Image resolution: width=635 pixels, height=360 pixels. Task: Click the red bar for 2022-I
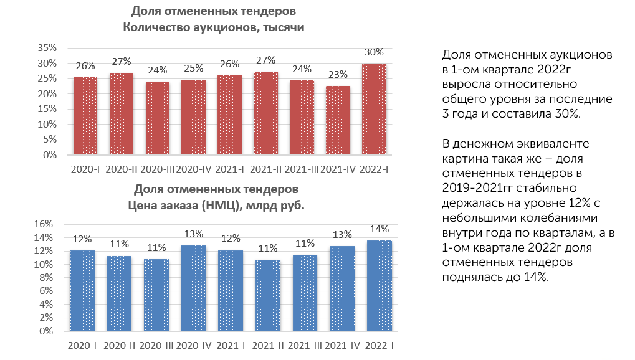(374, 109)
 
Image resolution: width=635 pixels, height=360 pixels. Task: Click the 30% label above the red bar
(374, 52)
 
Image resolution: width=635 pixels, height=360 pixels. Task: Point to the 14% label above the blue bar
(380, 229)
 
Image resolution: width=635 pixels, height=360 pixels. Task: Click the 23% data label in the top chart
(338, 75)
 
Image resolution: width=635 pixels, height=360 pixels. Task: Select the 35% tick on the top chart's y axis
(48, 48)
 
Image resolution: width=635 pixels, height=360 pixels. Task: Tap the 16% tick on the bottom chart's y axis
(48, 224)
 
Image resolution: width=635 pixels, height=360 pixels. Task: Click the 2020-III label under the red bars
(157, 169)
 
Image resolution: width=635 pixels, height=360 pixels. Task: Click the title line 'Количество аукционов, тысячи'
(213, 27)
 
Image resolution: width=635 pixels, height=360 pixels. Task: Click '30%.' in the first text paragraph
(570, 113)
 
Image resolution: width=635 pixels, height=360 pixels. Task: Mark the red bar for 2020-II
(121, 114)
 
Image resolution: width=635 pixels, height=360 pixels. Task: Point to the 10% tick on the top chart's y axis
(48, 124)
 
